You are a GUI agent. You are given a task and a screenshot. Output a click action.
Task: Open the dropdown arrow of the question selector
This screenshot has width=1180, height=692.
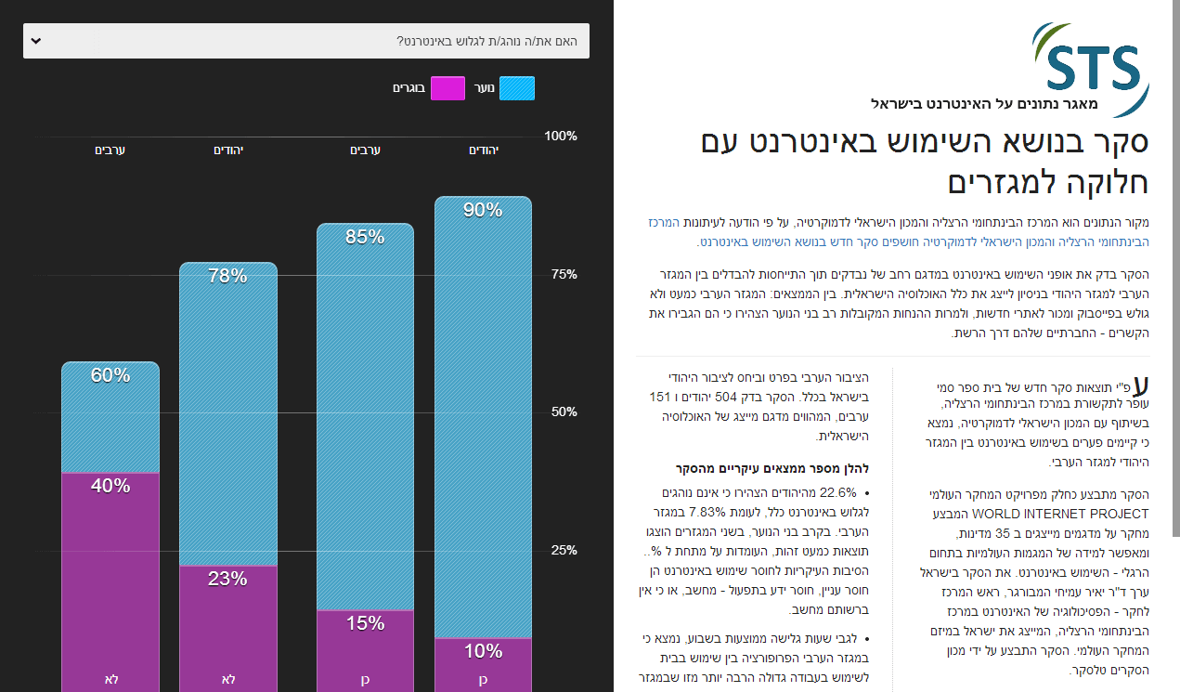35,41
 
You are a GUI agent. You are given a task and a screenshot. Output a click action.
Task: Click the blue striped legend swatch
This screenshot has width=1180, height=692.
517,88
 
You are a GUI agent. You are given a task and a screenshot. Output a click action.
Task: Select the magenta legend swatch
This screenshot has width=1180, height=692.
447,88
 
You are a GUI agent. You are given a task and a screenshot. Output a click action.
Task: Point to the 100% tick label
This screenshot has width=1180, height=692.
560,136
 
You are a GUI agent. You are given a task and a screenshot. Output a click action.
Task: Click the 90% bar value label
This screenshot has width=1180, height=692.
483,210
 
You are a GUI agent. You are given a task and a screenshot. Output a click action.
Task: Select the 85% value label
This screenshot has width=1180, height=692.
365,237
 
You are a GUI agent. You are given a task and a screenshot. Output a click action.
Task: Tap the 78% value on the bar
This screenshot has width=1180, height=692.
227,276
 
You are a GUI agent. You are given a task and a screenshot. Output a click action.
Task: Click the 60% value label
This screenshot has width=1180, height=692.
110,375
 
